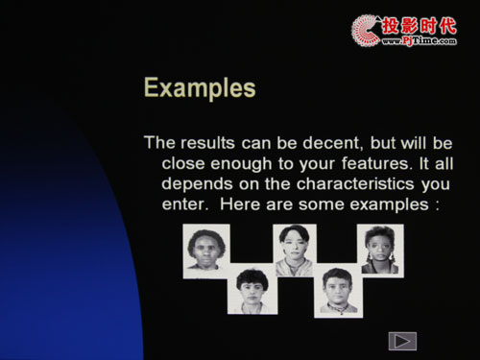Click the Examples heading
(200, 88)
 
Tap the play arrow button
(402, 341)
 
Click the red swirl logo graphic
(366, 31)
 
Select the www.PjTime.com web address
(420, 41)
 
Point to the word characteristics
(355, 184)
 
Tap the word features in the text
(375, 163)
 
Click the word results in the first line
(208, 143)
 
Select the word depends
(197, 185)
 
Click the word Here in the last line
(240, 204)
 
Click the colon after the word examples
(437, 205)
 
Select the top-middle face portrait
(295, 251)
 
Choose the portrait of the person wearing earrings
(380, 251)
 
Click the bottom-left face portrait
(252, 289)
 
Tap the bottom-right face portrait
(338, 291)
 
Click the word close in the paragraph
(183, 163)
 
